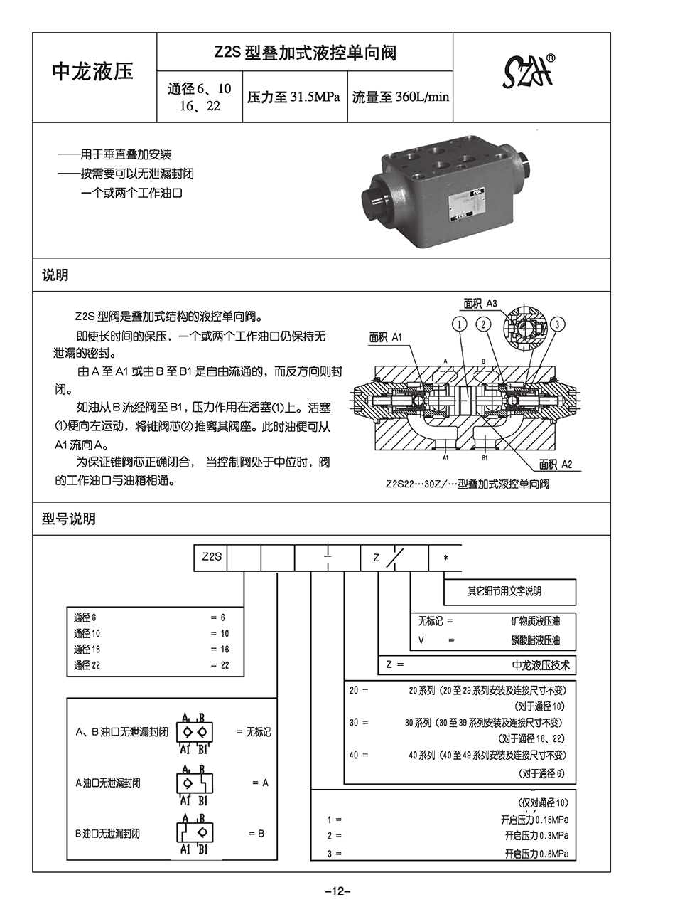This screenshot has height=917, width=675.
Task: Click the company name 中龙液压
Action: coord(93,71)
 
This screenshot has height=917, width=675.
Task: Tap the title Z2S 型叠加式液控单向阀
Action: coord(305,53)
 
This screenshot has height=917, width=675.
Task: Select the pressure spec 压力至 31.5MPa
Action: coord(293,97)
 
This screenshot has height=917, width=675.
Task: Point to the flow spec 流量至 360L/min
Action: coord(401,97)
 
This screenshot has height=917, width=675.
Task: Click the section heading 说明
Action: coord(55,275)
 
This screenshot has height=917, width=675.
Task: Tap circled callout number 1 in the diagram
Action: coord(460,324)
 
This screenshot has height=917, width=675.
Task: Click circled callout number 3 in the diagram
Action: coord(558,324)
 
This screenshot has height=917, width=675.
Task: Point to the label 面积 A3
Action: coord(480,304)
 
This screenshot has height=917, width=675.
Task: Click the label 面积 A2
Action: coord(556,464)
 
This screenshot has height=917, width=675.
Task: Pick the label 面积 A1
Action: coord(386,337)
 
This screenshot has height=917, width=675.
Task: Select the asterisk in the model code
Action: coord(445,558)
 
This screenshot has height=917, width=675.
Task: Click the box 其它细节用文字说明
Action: coord(509,591)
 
